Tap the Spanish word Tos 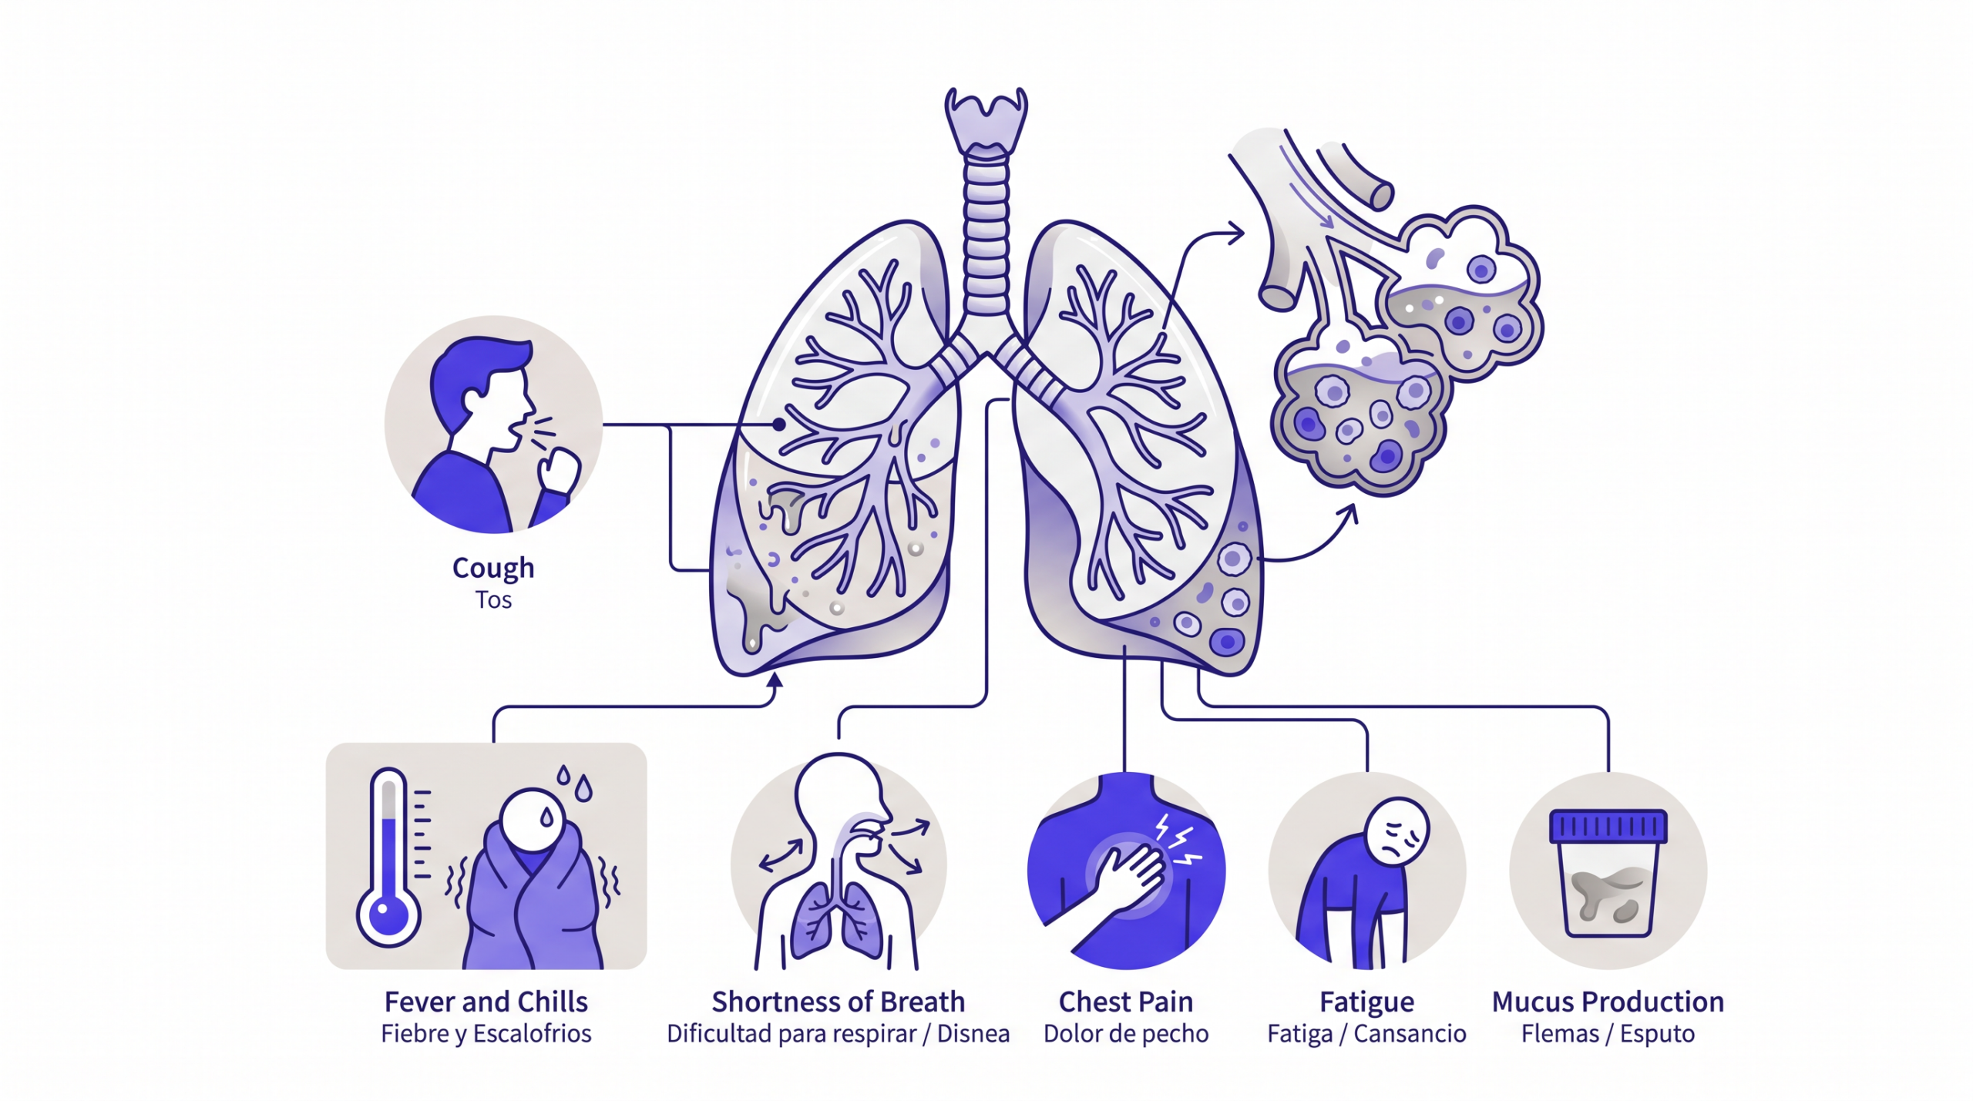coord(493,599)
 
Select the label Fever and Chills coord(486,1002)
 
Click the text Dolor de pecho coord(1126,1033)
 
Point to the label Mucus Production coord(1608,1002)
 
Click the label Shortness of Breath coord(838,1002)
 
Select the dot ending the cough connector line coord(779,425)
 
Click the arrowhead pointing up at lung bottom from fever coord(775,680)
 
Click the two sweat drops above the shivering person coord(575,783)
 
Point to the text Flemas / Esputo coord(1608,1033)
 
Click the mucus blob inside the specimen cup coord(1608,894)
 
